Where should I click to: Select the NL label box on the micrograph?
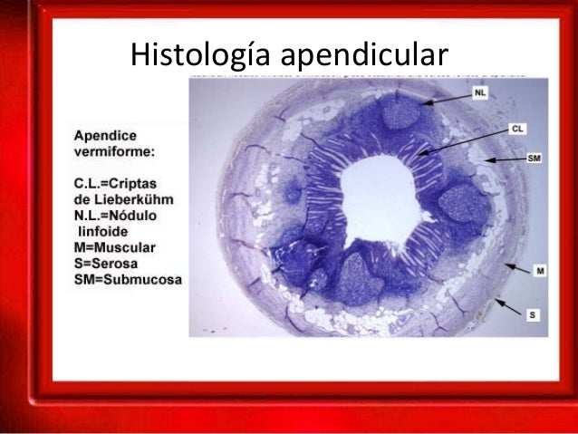[x=479, y=92]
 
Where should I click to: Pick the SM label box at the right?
[x=535, y=158]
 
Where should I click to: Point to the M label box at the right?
[x=539, y=269]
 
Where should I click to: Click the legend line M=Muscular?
[x=116, y=246]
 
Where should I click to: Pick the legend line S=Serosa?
[x=108, y=264]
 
